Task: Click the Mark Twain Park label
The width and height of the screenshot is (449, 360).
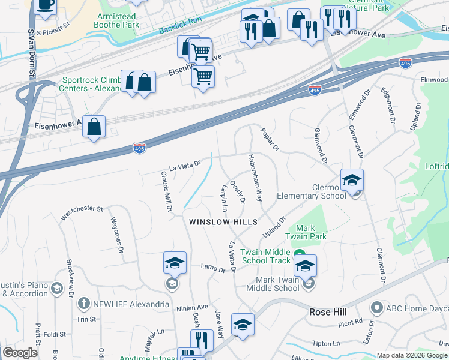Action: (311, 232)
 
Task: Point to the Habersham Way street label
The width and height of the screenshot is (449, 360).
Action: (255, 178)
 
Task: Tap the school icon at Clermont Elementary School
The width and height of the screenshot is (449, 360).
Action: (352, 179)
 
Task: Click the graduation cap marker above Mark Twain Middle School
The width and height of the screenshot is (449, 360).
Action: (305, 265)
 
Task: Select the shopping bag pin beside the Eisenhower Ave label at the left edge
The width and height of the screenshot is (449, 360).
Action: (94, 127)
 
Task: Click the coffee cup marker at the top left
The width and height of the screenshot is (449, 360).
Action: (45, 5)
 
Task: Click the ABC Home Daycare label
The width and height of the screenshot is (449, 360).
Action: (417, 308)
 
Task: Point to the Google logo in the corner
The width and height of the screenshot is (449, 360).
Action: (20, 353)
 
